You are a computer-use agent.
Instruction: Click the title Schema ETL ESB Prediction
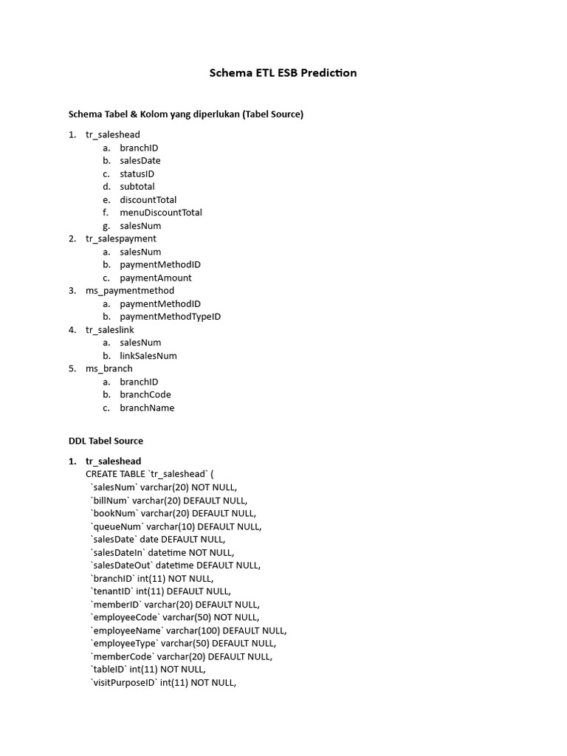point(283,73)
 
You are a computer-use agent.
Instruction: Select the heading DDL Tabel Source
point(106,441)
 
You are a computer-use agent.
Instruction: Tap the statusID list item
point(137,173)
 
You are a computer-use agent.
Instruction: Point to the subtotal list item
point(137,187)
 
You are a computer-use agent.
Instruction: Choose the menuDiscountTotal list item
point(161,213)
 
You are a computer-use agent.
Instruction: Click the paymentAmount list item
point(156,278)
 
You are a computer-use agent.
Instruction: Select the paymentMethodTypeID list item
point(170,317)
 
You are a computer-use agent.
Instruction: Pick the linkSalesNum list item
point(148,356)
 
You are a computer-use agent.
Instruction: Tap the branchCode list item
point(145,394)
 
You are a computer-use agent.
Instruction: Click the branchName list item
point(147,408)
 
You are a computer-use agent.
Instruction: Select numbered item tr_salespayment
point(120,238)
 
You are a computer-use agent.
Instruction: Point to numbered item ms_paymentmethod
point(130,291)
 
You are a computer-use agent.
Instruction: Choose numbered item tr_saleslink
point(110,330)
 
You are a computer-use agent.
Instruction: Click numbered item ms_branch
point(109,368)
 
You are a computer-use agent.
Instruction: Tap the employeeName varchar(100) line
point(188,630)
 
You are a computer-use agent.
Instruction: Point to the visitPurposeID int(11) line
point(163,683)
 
